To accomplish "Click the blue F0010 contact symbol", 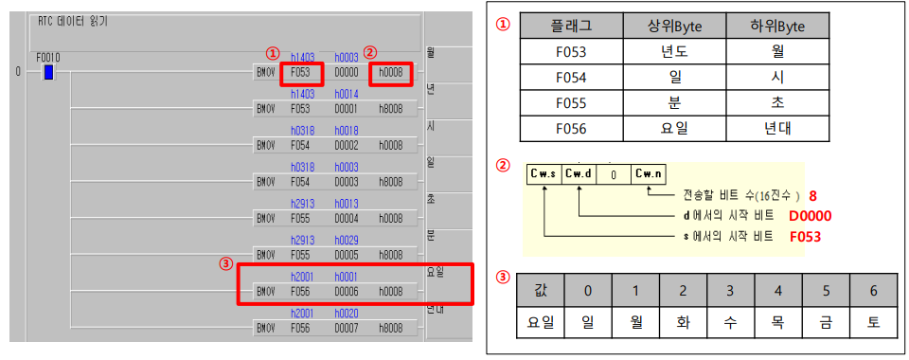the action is tap(48, 72).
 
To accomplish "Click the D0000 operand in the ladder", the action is tap(347, 71).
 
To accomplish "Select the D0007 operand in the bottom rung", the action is tap(347, 329).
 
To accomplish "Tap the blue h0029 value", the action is tap(347, 241).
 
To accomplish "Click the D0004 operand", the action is tap(347, 218).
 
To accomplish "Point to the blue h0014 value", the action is tap(347, 94).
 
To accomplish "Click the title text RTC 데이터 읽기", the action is tap(72, 21).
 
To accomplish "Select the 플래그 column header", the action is tap(572, 27).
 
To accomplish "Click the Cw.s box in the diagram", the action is tap(544, 173).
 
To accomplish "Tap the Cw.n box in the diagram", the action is tap(650, 173).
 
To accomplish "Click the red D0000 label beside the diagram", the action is tap(811, 217).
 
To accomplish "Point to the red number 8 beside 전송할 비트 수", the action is tap(811, 195).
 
